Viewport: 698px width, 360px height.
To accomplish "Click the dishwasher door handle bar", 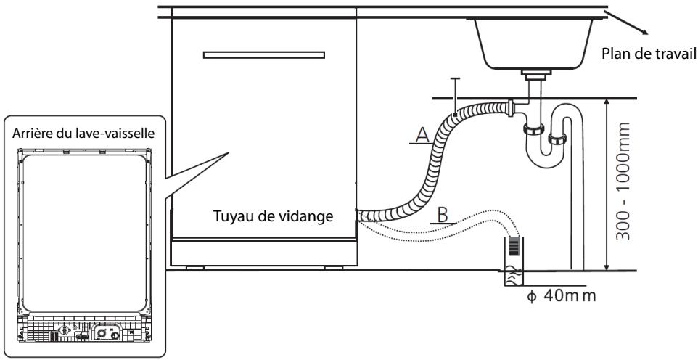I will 264,55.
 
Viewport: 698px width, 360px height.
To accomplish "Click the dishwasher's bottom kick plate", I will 264,252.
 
